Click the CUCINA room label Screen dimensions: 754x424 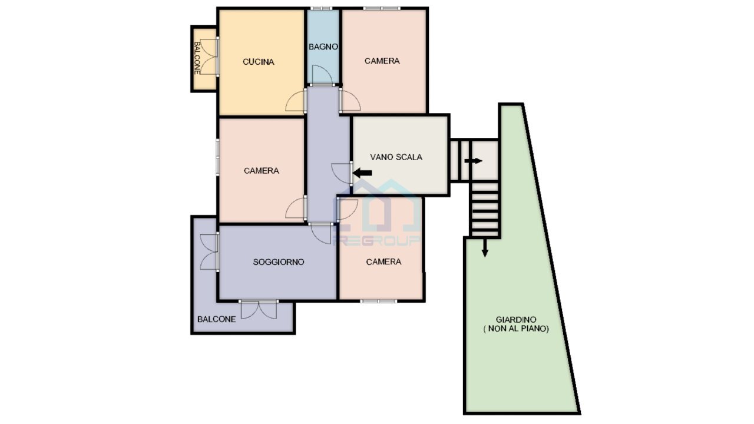258,62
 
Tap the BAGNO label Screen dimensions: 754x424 323,47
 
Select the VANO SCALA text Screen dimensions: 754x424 396,157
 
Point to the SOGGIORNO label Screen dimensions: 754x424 279,262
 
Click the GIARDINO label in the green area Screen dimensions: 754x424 516,320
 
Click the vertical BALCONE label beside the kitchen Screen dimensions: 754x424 197,58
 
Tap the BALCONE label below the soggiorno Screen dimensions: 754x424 216,319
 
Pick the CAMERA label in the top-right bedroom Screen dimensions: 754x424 382,61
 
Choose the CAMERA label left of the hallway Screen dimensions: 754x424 261,171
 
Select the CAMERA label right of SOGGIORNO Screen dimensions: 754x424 383,262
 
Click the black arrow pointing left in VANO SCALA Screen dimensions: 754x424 362,173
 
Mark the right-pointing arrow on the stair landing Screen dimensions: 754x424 473,161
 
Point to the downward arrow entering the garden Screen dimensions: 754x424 485,248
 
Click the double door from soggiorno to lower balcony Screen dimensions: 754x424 259,310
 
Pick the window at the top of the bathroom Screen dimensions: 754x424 321,8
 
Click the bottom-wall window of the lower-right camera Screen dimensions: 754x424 378,301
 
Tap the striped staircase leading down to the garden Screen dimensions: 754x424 485,209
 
